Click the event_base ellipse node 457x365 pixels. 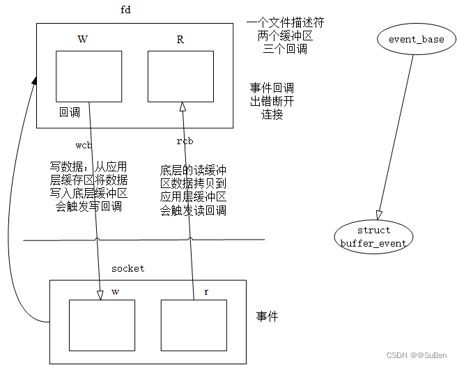point(416,40)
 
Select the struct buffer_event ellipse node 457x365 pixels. point(373,236)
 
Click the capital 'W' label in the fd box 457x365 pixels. point(82,40)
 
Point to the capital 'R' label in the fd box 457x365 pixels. point(180,40)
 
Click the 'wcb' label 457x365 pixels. point(84,145)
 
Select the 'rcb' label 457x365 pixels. point(185,141)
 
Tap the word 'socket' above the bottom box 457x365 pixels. point(128,268)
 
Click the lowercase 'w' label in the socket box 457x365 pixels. point(115,292)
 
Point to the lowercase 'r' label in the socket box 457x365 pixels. point(206,292)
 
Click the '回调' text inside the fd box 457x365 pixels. point(70,112)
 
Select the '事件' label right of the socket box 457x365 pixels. point(267,316)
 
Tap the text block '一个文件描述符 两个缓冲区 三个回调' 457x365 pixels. point(285,36)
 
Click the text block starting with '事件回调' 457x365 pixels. point(272,101)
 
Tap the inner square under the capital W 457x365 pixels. point(88,77)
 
